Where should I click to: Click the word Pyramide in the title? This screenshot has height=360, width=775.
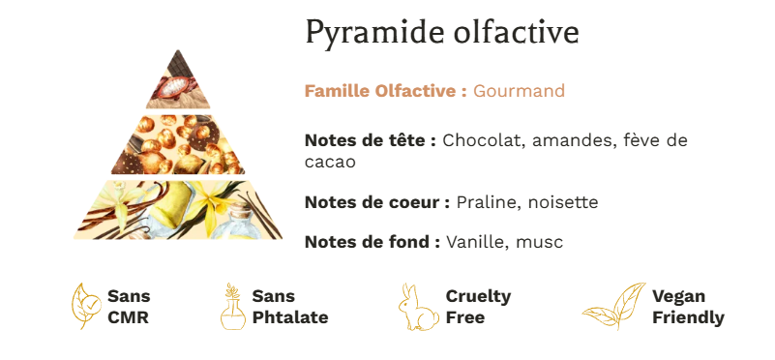374,33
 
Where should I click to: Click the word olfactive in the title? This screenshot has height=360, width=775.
516,32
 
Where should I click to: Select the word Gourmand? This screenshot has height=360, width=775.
519,91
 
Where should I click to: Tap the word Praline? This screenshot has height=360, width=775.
485,202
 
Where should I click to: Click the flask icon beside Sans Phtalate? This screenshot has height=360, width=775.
233,306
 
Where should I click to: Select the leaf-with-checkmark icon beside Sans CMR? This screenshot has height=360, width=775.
87,306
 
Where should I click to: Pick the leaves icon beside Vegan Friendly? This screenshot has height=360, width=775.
614,306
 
